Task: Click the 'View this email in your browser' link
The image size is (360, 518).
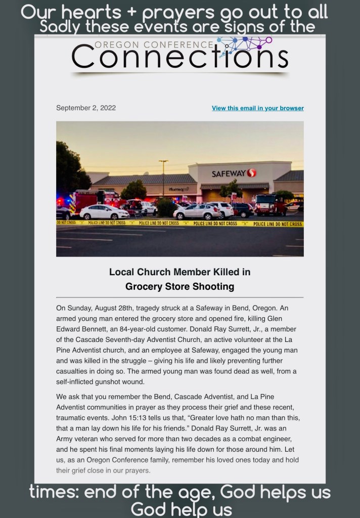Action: pyautogui.click(x=257, y=108)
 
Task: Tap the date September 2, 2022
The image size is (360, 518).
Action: pyautogui.click(x=86, y=108)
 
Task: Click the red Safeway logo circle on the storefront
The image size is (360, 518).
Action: pyautogui.click(x=251, y=174)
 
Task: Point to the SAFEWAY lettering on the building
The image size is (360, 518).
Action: pyautogui.click(x=229, y=174)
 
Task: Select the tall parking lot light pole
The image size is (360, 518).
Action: pyautogui.click(x=163, y=180)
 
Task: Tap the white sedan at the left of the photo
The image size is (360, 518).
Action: pyautogui.click(x=104, y=212)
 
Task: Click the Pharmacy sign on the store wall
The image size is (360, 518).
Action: pyautogui.click(x=176, y=189)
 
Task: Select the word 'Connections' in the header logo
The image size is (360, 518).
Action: pyautogui.click(x=179, y=57)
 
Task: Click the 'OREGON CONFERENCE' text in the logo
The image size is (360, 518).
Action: pyautogui.click(x=154, y=45)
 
